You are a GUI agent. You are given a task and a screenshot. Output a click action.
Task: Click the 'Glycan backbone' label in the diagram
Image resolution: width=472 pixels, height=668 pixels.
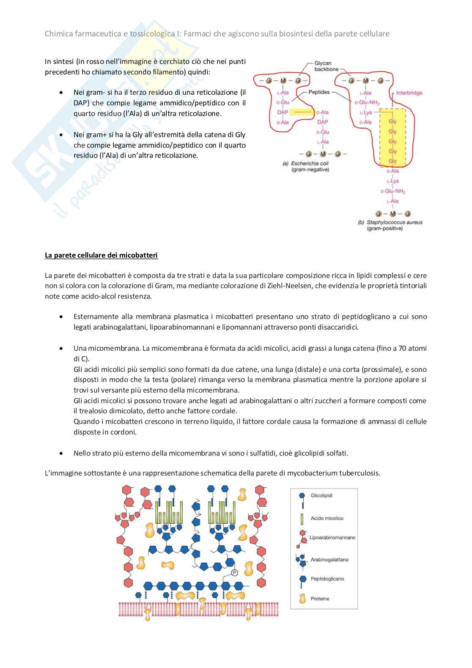(x=323, y=66)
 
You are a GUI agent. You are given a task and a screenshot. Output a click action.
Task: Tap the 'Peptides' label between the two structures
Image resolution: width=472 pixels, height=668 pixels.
(x=319, y=92)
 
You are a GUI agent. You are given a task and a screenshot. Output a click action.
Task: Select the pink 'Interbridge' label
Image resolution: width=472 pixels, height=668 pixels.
(x=409, y=93)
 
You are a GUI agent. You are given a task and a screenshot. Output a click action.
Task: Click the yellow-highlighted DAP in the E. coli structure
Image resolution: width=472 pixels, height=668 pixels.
(x=282, y=112)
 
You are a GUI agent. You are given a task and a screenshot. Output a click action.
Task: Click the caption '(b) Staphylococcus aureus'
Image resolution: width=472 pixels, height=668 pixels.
(x=390, y=222)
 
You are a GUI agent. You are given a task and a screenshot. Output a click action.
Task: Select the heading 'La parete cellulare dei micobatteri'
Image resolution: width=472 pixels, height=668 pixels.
(x=101, y=255)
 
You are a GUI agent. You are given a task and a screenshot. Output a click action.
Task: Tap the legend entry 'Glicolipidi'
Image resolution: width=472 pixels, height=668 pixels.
(x=321, y=495)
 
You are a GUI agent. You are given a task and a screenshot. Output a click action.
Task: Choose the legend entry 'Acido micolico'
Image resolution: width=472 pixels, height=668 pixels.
(x=327, y=518)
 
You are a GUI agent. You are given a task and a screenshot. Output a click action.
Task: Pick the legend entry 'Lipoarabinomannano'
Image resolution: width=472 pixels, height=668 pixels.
(x=332, y=538)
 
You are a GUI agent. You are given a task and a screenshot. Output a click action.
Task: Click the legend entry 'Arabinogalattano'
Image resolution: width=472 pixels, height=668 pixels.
(x=329, y=560)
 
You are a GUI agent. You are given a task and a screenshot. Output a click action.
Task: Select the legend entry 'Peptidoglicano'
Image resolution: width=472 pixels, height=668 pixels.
(x=327, y=579)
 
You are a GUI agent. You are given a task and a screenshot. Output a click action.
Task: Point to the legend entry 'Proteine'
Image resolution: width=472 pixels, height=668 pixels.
(x=320, y=599)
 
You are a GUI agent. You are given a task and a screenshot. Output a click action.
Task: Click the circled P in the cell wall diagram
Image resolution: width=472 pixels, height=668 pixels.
(x=235, y=573)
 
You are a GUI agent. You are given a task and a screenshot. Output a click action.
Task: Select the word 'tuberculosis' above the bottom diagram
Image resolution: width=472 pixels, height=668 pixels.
(x=359, y=473)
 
